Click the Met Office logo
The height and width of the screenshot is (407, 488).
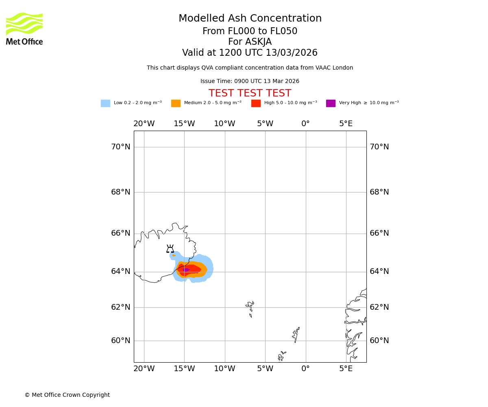click(x=24, y=28)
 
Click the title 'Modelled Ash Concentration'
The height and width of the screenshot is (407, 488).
click(x=250, y=19)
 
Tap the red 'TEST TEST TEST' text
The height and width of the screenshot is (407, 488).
click(x=250, y=94)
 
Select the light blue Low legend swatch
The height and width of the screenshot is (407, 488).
click(x=105, y=103)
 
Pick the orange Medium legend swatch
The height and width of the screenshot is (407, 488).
click(x=176, y=103)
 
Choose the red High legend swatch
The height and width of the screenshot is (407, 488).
click(x=256, y=103)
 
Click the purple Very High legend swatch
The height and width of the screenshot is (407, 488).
click(x=331, y=103)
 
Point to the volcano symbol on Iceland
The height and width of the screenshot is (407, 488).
click(x=170, y=249)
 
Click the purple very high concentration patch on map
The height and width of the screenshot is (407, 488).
click(x=186, y=270)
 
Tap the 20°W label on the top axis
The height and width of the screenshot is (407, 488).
click(x=144, y=124)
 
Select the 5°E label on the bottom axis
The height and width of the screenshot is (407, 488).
click(x=346, y=369)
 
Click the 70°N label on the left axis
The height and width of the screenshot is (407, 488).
click(x=121, y=147)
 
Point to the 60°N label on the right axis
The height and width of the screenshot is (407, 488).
click(x=379, y=341)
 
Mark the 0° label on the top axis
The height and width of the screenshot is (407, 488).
click(x=305, y=124)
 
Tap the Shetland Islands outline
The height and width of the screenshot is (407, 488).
click(x=296, y=335)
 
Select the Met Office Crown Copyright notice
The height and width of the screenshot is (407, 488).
click(x=67, y=395)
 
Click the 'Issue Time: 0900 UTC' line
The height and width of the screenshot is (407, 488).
click(x=250, y=81)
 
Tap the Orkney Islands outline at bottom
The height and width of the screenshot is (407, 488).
click(x=281, y=356)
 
